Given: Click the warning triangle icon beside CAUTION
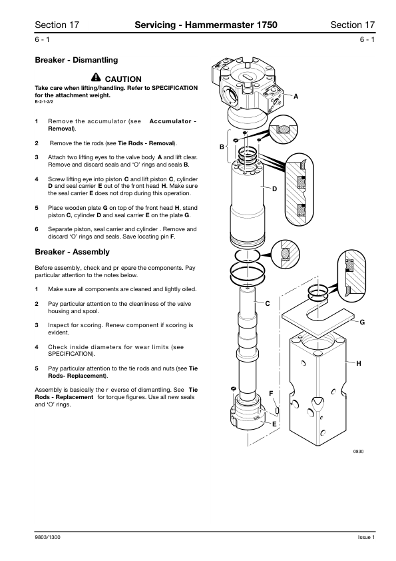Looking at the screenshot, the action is (96, 77).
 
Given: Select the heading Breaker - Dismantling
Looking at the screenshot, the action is (76, 60).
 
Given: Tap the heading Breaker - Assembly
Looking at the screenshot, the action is (72, 252).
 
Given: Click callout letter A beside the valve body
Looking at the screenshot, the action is (296, 96).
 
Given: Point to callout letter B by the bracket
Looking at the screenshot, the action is (222, 147).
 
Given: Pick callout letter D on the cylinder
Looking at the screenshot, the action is (274, 189).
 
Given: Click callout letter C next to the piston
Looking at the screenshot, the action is (268, 304).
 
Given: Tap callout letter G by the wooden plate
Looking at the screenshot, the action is (362, 322).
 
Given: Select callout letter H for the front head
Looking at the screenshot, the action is (359, 364).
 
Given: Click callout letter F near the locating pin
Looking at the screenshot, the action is (271, 394).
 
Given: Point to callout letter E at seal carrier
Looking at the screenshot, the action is (274, 424).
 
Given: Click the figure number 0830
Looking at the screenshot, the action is (359, 452).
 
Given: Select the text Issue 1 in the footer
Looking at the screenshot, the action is (366, 538).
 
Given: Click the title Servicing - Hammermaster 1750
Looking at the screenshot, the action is (206, 25).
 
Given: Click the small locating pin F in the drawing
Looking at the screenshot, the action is (277, 410).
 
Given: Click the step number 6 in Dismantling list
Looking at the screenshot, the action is (37, 229).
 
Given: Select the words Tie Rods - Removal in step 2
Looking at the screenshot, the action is (146, 143).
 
